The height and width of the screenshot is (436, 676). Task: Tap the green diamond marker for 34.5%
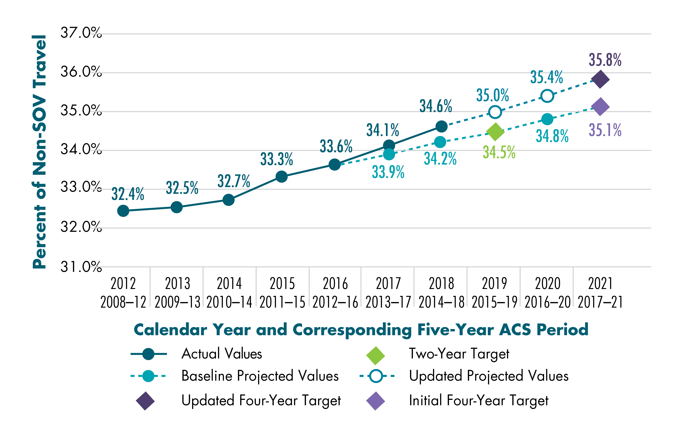tap(495, 132)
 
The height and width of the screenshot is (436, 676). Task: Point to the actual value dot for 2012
tap(123, 211)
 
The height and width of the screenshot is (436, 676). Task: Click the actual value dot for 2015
tap(281, 177)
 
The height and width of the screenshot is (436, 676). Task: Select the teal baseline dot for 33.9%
tap(389, 154)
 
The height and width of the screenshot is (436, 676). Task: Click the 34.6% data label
tap(435, 106)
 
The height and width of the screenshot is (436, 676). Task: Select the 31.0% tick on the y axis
tap(81, 267)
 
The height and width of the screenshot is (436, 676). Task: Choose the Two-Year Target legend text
tap(459, 354)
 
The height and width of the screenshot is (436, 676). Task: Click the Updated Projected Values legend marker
tap(377, 376)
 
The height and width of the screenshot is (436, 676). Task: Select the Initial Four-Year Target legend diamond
tap(375, 401)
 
